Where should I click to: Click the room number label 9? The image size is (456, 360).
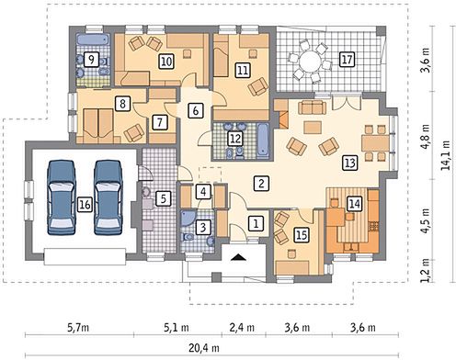click(x=92, y=60)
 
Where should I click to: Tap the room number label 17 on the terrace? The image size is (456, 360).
click(x=347, y=60)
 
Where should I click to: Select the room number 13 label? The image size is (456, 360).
click(x=350, y=163)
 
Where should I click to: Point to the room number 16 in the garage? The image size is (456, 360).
click(x=85, y=204)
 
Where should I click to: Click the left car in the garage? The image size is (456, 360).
click(x=62, y=197)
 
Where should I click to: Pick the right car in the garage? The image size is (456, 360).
click(x=108, y=197)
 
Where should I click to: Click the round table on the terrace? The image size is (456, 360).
click(x=310, y=62)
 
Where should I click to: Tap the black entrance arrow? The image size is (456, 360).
click(x=239, y=257)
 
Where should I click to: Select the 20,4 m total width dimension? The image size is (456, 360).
click(x=204, y=348)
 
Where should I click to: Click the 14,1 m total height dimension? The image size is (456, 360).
click(x=446, y=155)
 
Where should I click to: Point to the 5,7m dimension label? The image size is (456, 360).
click(x=78, y=328)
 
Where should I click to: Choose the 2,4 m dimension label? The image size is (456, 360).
click(x=242, y=328)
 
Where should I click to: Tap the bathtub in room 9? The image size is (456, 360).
click(x=93, y=39)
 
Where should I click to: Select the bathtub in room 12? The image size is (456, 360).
click(x=263, y=141)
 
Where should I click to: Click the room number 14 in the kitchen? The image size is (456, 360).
click(x=355, y=204)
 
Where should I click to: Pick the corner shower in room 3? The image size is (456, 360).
click(x=188, y=218)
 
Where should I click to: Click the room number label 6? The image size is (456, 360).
click(x=196, y=110)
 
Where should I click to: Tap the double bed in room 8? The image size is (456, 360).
click(x=98, y=125)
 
